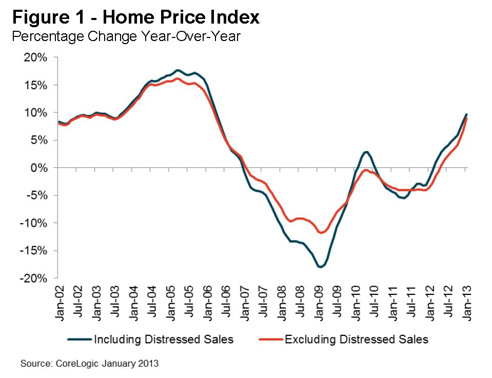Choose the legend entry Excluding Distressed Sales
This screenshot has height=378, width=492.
click(356, 340)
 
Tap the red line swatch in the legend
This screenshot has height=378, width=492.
click(270, 340)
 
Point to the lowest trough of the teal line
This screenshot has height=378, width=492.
click(320, 267)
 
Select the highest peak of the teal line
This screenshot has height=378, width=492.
click(178, 70)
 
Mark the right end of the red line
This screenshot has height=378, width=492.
click(466, 118)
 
